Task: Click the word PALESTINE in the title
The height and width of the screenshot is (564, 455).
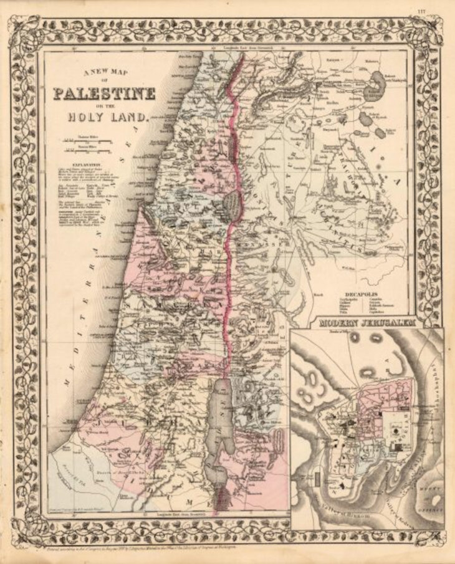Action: [104, 95]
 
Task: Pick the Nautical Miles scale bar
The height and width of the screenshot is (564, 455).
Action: [87, 150]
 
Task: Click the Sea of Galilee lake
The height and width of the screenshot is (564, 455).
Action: [231, 202]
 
